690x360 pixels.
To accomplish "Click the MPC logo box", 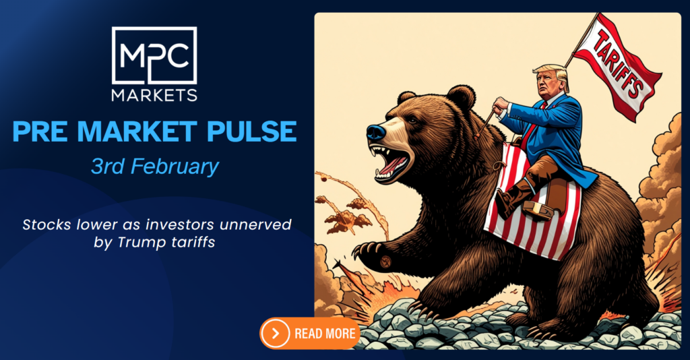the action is [154, 55].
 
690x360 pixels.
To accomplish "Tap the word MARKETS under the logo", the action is [154, 95].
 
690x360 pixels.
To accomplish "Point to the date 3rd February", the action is [155, 167].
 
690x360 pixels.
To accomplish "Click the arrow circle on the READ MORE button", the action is [276, 334].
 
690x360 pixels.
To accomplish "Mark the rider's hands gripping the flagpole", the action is [500, 106].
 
